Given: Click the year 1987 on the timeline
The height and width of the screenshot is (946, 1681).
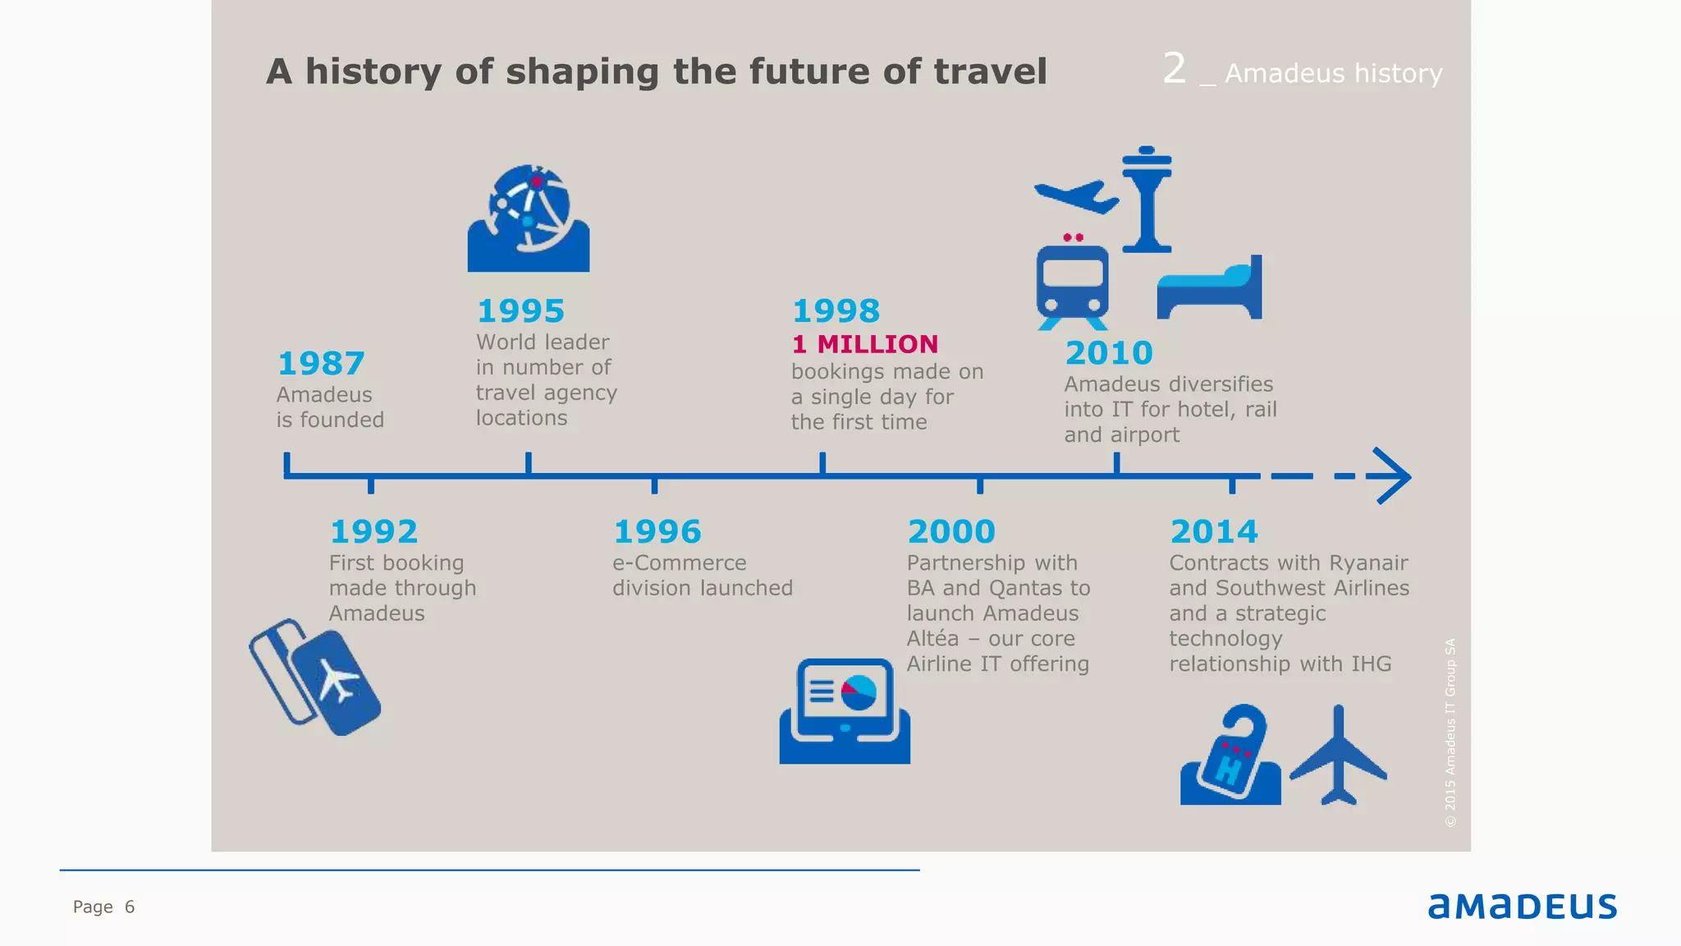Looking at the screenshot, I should pyautogui.click(x=321, y=364).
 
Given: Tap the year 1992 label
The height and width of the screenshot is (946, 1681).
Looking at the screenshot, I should pyautogui.click(x=373, y=532).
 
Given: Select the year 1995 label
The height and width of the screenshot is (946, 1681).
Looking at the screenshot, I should pyautogui.click(x=520, y=311).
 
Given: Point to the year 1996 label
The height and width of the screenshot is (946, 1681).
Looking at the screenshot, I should pyautogui.click(x=657, y=532).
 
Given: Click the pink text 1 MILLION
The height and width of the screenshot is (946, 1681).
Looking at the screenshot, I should pyautogui.click(x=865, y=344).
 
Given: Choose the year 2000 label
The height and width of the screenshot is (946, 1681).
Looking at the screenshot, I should pyautogui.click(x=951, y=532).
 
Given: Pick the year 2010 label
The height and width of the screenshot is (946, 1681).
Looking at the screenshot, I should pyautogui.click(x=1109, y=353).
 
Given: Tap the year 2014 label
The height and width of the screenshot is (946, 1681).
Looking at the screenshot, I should pyautogui.click(x=1214, y=532).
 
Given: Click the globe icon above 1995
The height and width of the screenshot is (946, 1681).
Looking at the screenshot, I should pyautogui.click(x=529, y=218).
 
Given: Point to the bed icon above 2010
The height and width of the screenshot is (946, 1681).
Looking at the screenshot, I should pyautogui.click(x=1210, y=289).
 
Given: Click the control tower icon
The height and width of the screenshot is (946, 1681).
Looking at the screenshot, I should pyautogui.click(x=1147, y=200).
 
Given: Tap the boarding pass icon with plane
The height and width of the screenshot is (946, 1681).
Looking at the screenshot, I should pyautogui.click(x=316, y=677).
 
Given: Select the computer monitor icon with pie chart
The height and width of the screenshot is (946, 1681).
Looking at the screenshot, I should pyautogui.click(x=845, y=711).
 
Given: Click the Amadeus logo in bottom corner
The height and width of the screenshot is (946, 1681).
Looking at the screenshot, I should pyautogui.click(x=1522, y=906).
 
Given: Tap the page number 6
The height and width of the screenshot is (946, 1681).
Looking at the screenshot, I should pyautogui.click(x=130, y=907).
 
